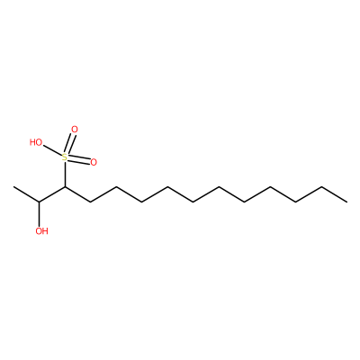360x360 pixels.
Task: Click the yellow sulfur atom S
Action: (65, 157)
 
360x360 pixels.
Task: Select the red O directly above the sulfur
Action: (75, 130)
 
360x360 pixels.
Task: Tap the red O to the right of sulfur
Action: (94, 163)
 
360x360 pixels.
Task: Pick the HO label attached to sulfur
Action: (36, 142)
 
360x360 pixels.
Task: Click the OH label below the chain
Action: (41, 231)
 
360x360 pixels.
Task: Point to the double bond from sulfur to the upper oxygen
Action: (71, 143)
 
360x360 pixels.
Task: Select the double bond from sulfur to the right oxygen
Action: (79, 160)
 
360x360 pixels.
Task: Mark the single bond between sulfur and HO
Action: (52, 151)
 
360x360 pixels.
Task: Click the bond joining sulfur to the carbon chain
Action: (65, 175)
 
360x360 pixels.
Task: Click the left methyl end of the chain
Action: (13, 187)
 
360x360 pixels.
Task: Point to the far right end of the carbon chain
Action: (346, 202)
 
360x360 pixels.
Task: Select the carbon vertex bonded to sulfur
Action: (65, 187)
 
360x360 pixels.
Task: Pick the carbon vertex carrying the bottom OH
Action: (40, 202)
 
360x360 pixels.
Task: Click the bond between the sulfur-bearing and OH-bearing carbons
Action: (52, 194)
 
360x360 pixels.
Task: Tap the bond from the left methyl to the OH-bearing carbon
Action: (26, 194)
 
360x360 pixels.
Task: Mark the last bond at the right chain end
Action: (334, 194)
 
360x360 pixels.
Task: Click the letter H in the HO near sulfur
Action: (32, 142)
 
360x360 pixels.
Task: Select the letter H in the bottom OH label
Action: (45, 231)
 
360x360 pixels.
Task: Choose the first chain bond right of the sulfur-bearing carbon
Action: (77, 194)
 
